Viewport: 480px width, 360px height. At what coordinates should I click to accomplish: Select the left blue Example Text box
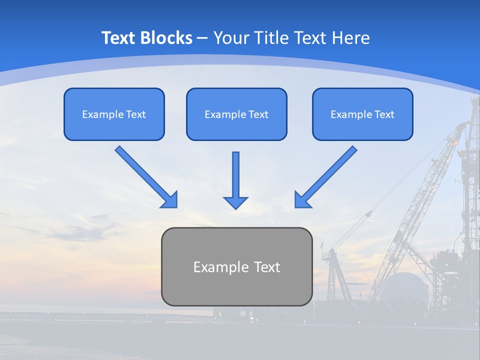click(114, 114)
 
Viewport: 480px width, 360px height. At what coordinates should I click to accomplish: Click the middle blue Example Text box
click(236, 114)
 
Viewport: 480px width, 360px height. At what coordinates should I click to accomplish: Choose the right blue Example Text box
click(362, 114)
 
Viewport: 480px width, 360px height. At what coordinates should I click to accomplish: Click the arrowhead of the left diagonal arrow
click(170, 200)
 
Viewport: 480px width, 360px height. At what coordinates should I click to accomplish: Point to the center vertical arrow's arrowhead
click(235, 202)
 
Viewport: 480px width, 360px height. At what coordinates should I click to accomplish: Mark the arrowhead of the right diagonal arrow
click(302, 200)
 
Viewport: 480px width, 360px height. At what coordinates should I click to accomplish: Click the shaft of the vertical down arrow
click(235, 172)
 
